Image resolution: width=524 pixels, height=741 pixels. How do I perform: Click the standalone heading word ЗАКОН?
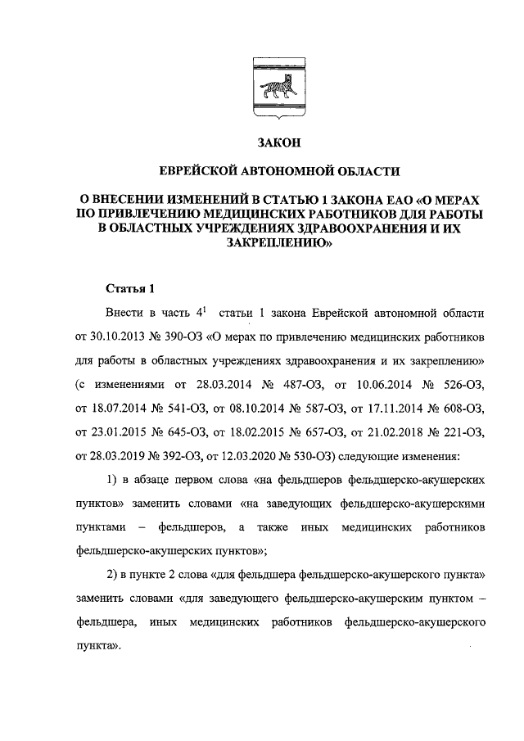279,142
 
